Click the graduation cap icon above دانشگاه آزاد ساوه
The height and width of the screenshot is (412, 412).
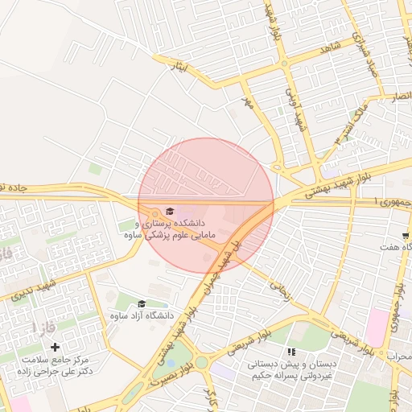pyautogui.click(x=142, y=303)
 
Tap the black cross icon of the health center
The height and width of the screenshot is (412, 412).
pyautogui.click(x=55, y=347)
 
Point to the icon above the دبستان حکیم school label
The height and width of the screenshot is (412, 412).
pyautogui.click(x=291, y=352)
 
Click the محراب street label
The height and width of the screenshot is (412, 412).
pyautogui.click(x=399, y=356)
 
